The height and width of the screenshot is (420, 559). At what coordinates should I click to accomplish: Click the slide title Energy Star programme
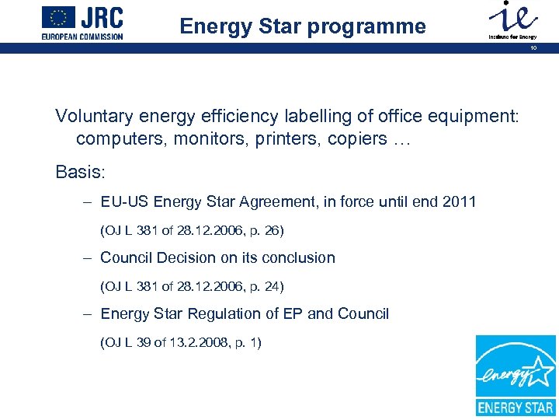[303, 26]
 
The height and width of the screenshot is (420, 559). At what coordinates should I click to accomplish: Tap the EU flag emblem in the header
[59, 16]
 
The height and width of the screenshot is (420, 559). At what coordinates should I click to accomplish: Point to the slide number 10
[533, 48]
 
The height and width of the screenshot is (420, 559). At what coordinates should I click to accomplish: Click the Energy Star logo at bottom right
[516, 375]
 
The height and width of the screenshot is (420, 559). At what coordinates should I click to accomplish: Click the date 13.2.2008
[185, 342]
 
